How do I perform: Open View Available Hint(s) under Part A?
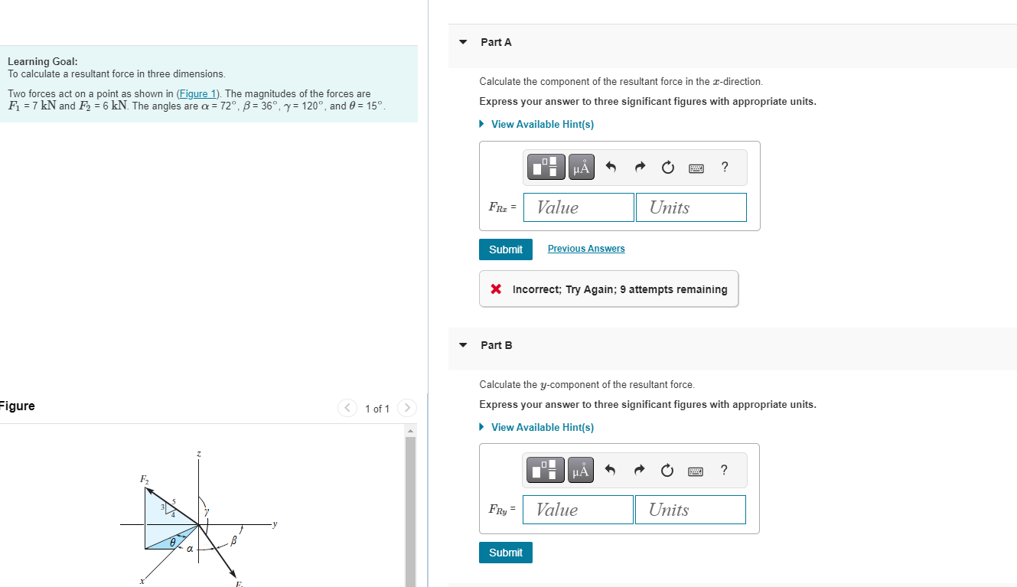(542, 124)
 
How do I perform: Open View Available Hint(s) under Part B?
(542, 427)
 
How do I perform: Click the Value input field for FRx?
(579, 207)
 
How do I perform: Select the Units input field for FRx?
(691, 207)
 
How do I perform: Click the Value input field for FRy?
(578, 510)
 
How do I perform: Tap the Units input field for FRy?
(690, 510)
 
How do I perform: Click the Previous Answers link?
(586, 249)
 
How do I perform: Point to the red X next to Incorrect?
(496, 289)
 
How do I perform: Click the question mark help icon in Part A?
(725, 168)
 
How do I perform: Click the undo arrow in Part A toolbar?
(611, 168)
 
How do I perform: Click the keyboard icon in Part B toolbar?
(696, 471)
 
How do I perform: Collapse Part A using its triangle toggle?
(463, 42)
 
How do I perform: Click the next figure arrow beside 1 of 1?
(407, 409)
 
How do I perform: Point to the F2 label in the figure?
(144, 479)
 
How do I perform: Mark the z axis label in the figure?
(199, 454)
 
